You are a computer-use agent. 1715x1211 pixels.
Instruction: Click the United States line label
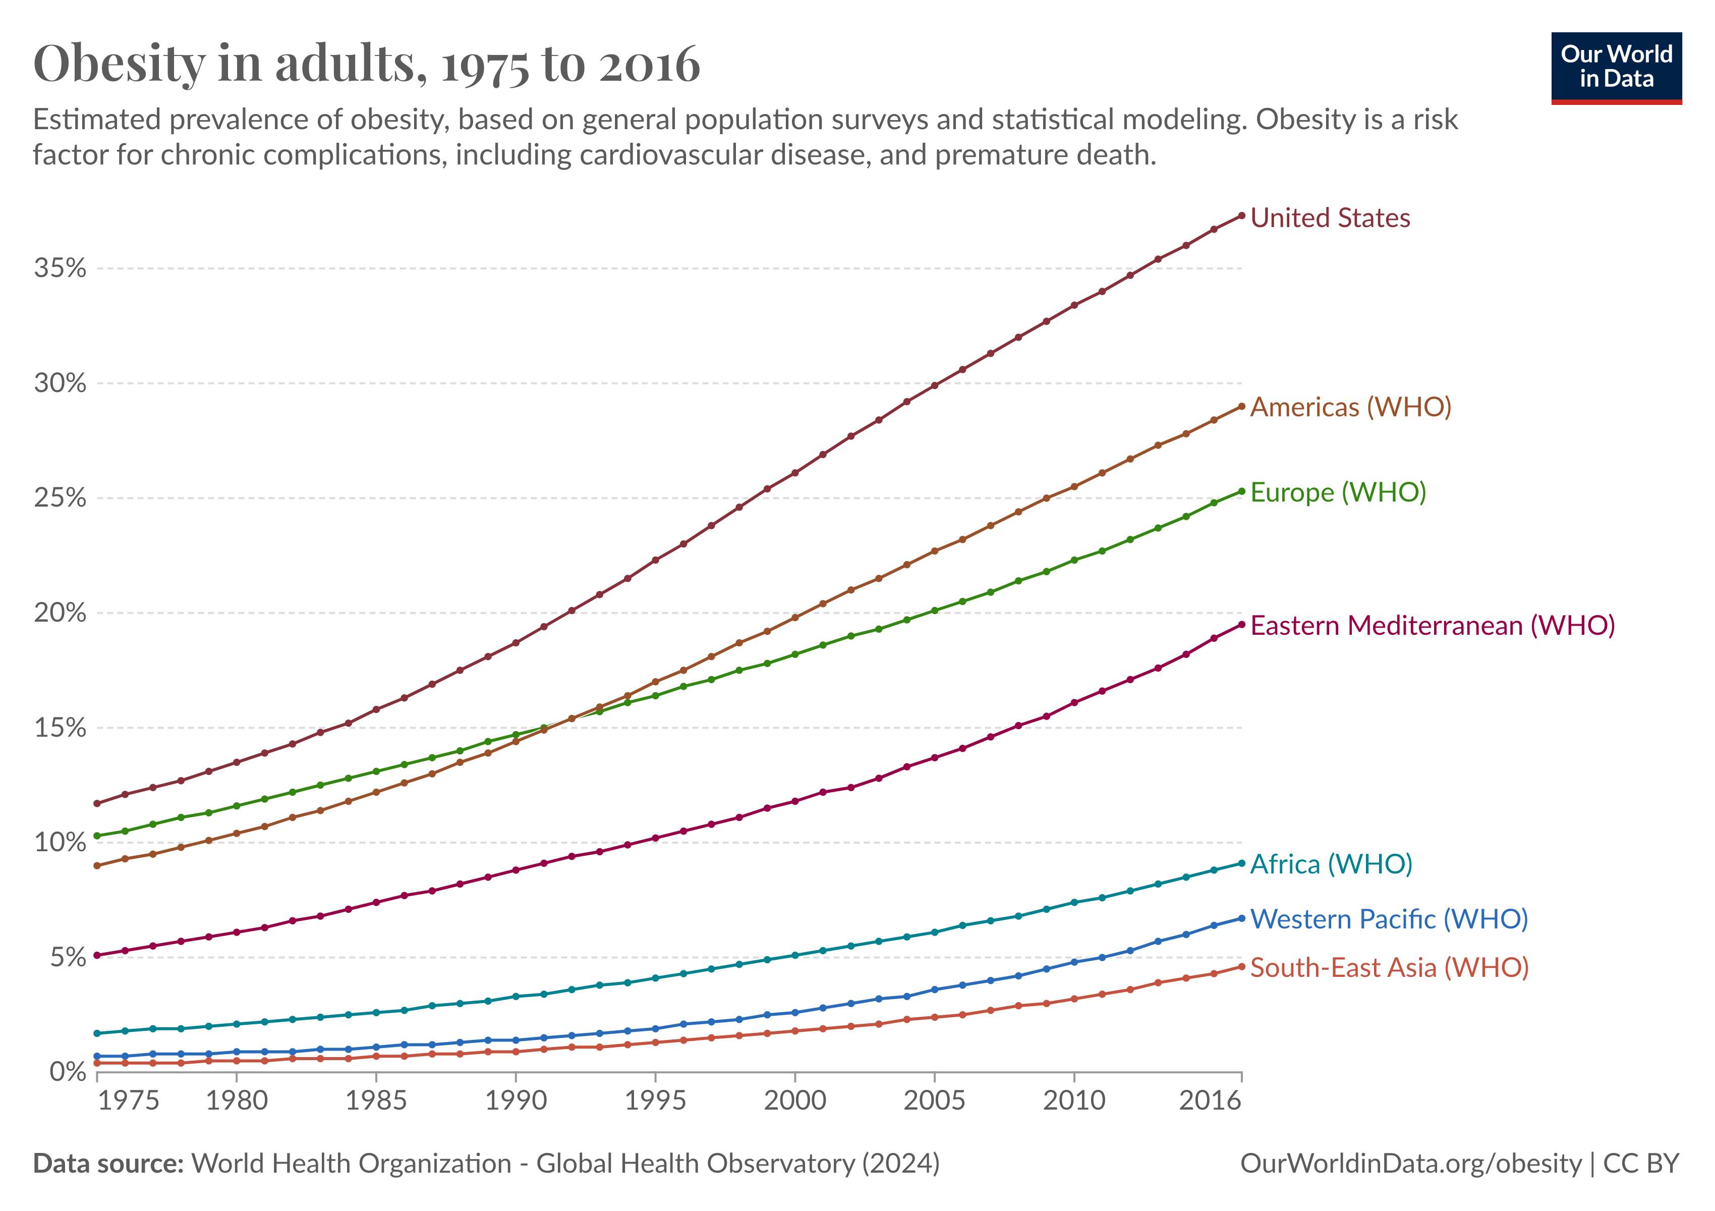[x=1330, y=218]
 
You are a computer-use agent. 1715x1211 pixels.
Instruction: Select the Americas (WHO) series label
[x=1350, y=407]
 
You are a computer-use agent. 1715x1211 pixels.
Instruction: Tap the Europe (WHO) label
[x=1338, y=492]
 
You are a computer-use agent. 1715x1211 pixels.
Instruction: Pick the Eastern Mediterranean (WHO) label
[x=1432, y=625]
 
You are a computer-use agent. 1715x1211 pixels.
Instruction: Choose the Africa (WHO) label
[x=1331, y=864]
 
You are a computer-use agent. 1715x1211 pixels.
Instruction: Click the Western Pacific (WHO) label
[x=1389, y=919]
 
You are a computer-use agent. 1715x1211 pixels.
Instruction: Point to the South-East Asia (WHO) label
[x=1389, y=967]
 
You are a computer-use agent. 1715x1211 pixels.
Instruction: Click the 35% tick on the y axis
[x=60, y=268]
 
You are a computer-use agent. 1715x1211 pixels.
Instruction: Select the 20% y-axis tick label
[x=60, y=614]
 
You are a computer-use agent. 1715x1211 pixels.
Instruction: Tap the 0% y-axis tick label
[x=67, y=1072]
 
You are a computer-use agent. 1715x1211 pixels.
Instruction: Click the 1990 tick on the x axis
[x=516, y=1100]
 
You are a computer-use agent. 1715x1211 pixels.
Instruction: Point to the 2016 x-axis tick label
[x=1209, y=1100]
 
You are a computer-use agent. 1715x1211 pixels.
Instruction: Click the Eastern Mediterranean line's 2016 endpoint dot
[x=1241, y=625]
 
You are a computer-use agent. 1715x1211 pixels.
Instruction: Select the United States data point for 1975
[x=97, y=804]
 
